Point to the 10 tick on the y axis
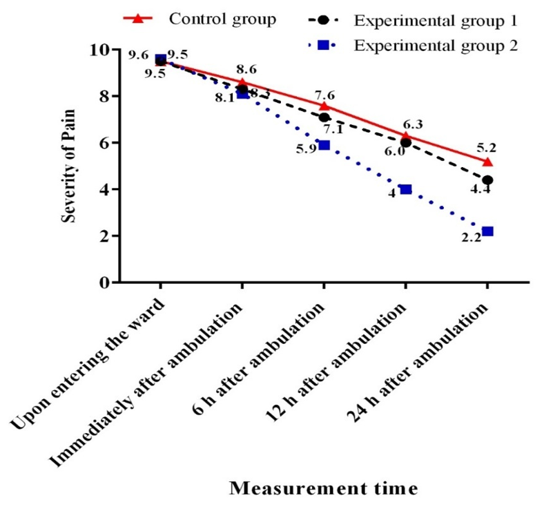[x=102, y=50]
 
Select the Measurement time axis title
[x=323, y=488]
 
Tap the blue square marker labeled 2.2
[x=487, y=231]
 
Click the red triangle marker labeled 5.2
[x=487, y=162]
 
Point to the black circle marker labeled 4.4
[x=487, y=180]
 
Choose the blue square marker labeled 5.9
[x=324, y=145]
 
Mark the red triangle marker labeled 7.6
[x=324, y=106]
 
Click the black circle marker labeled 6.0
[x=406, y=143]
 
